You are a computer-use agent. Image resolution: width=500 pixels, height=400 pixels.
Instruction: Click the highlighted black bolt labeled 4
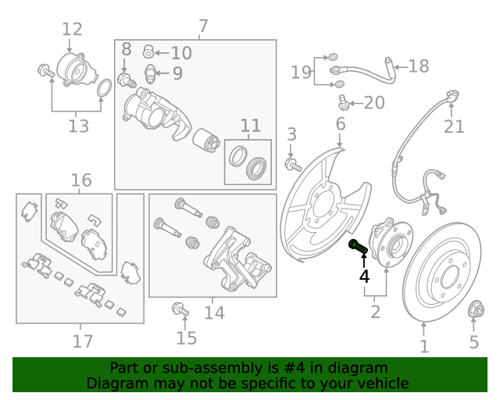pos(357,247)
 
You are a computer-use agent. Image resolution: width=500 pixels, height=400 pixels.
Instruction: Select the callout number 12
pos(71,30)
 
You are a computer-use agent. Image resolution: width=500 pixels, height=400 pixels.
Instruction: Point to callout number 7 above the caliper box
pos(203,27)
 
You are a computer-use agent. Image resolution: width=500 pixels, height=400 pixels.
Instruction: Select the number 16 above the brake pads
pos(81,181)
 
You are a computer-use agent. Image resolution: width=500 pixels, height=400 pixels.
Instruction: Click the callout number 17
pos(82,341)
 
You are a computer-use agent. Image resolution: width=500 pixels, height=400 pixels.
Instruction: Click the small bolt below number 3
pos(294,165)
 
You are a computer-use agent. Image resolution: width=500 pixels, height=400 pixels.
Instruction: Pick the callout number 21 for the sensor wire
pos(454,127)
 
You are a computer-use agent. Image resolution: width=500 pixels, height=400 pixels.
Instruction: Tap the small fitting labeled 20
pos(342,102)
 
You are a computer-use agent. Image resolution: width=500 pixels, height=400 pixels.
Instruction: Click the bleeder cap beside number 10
pos(148,53)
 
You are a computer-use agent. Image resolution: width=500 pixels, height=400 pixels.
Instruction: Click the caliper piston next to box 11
pos(209,141)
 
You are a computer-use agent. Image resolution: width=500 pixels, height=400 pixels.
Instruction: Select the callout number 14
pos(214,312)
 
